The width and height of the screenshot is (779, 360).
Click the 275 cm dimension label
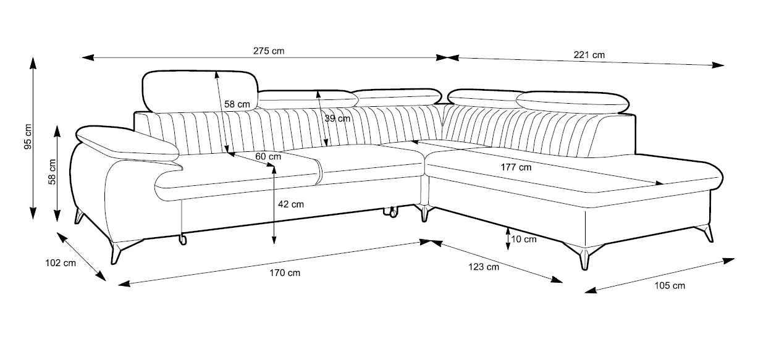pos(269,51)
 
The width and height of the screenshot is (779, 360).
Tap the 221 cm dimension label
pos(589,55)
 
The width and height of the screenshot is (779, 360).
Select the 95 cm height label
pos(28,136)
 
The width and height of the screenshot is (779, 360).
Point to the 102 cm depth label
pos(61,263)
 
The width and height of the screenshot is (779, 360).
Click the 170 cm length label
pos(285,273)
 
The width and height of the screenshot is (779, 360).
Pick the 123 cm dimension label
pos(483,267)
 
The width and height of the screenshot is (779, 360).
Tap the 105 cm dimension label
pos(670,286)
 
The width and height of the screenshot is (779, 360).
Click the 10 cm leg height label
pos(524,240)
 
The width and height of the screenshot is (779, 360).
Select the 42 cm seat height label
pos(291,204)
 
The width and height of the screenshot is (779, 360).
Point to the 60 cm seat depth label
pos(268,156)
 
